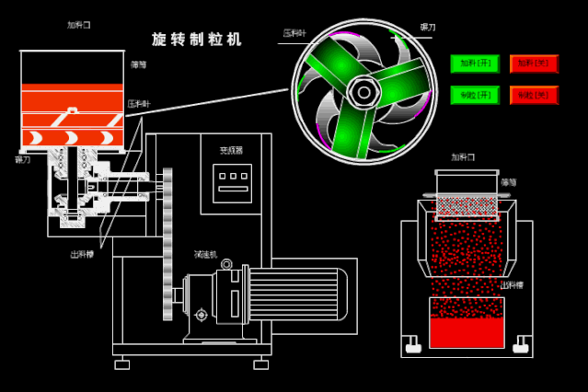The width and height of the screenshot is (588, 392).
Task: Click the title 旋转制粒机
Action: pyautogui.click(x=197, y=40)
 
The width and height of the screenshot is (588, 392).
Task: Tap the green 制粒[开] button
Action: pyautogui.click(x=475, y=95)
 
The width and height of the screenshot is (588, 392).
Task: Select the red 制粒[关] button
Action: pyautogui.click(x=534, y=95)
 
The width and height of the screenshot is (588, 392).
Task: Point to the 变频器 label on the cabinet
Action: pyautogui.click(x=231, y=150)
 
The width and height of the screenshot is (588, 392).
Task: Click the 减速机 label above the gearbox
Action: pyautogui.click(x=205, y=254)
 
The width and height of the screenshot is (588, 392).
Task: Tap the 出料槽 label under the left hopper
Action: pyautogui.click(x=82, y=254)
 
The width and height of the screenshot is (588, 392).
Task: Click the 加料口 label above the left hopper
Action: pyautogui.click(x=79, y=25)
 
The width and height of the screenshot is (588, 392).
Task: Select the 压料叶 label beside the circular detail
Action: pyautogui.click(x=294, y=33)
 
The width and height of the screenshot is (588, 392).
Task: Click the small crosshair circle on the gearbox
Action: pyautogui.click(x=202, y=315)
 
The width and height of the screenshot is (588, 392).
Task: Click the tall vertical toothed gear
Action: pyautogui.click(x=167, y=244)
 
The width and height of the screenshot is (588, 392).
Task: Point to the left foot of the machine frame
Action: pyautogui.click(x=122, y=364)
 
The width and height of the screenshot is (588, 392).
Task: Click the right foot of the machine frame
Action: pyautogui.click(x=261, y=364)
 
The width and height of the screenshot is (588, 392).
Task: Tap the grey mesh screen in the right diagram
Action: pyautogui.click(x=467, y=205)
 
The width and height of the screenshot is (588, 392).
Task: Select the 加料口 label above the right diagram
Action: pyautogui.click(x=463, y=157)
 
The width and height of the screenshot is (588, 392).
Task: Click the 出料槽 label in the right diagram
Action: pyautogui.click(x=512, y=285)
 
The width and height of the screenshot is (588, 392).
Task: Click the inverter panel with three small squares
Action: pyautogui.click(x=232, y=182)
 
